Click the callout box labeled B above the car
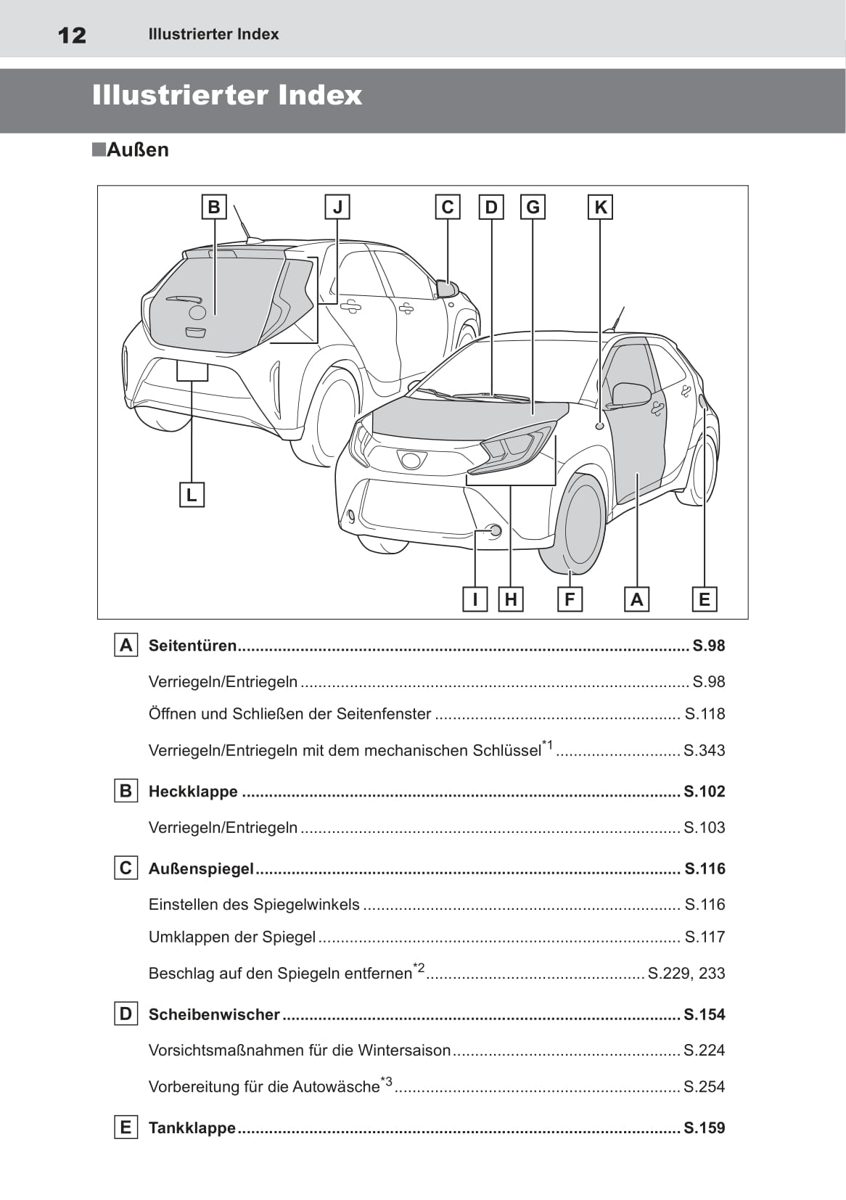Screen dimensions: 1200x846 [x=214, y=207]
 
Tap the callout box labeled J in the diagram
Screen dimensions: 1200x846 [x=337, y=207]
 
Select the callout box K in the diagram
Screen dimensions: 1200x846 [x=600, y=207]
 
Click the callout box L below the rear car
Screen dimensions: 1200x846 [x=192, y=495]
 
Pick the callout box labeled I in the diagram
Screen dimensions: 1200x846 [x=475, y=599]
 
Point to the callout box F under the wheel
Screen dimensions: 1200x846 [x=570, y=599]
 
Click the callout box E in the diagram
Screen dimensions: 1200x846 [x=704, y=599]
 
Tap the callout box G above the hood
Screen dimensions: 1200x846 [x=533, y=207]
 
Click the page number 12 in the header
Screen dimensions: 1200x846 [x=72, y=35]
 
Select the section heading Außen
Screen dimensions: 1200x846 [x=137, y=150]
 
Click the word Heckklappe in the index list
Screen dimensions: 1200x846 [x=193, y=792]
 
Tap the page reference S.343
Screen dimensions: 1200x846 [x=704, y=750]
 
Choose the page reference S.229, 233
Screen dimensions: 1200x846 [x=686, y=973]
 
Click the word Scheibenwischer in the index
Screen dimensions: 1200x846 [x=214, y=1014]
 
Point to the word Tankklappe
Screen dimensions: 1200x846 [x=192, y=1127]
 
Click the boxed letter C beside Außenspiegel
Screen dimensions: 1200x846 [x=126, y=868]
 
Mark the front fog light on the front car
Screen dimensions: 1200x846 [x=495, y=531]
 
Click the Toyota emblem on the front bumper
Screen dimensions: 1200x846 [x=411, y=459]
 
